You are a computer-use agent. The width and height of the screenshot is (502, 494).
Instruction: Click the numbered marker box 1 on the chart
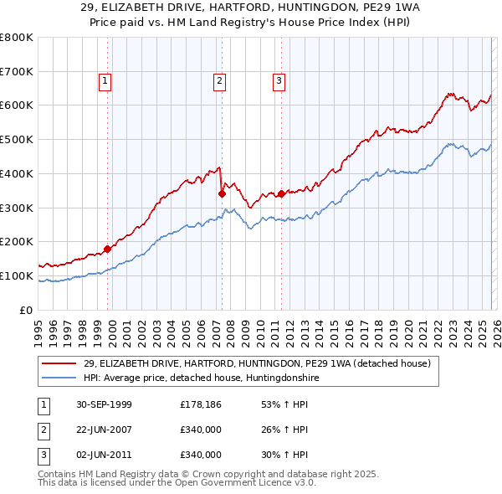(x=105, y=81)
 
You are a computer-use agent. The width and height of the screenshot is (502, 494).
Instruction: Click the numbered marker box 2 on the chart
(x=218, y=81)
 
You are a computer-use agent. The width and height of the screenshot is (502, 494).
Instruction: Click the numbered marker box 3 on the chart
(x=278, y=81)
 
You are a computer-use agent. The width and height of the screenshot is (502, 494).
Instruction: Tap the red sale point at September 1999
(x=108, y=249)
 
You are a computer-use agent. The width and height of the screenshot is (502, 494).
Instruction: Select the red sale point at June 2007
(x=222, y=193)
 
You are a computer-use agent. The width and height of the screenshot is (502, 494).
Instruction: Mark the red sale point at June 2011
(x=280, y=193)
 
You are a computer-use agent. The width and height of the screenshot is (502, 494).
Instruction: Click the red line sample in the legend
(x=60, y=363)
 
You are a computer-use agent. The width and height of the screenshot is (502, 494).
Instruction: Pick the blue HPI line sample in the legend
(x=60, y=378)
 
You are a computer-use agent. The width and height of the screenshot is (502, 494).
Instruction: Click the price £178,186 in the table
(x=200, y=404)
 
